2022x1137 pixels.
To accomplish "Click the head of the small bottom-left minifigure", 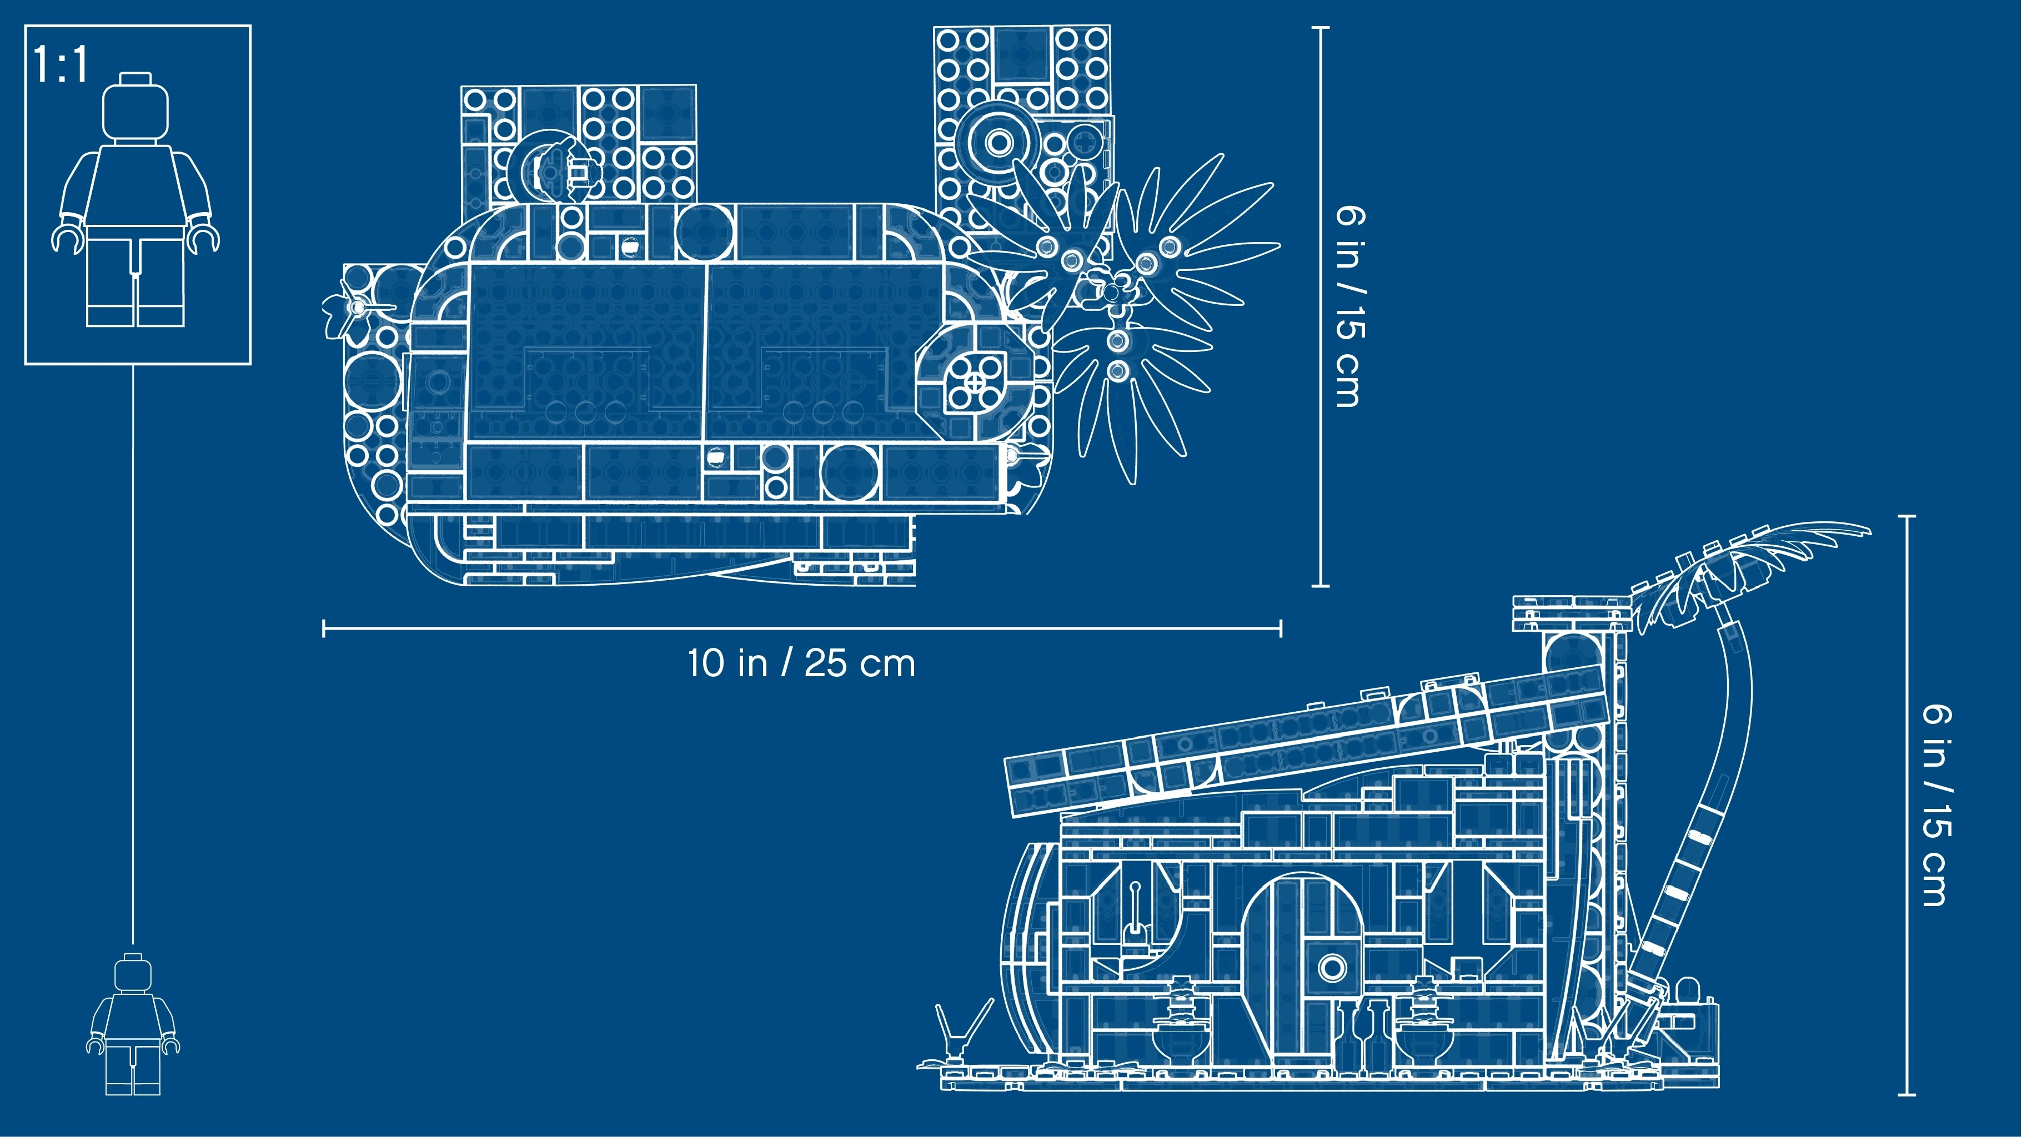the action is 133,973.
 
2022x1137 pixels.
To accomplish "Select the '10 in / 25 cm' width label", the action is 801,663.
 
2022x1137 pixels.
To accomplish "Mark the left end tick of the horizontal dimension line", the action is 323,628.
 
